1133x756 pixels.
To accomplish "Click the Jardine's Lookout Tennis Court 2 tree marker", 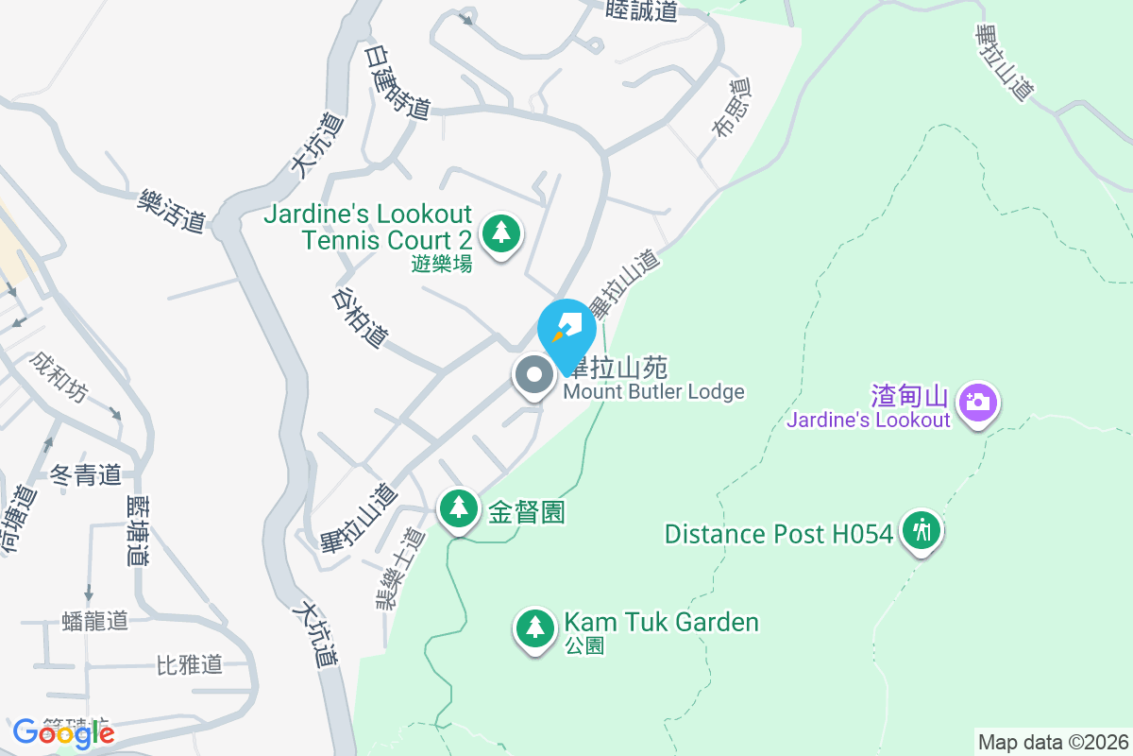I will tap(501, 232).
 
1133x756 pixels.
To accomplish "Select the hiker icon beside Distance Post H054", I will tap(921, 531).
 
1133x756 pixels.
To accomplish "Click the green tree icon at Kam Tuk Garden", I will tap(535, 627).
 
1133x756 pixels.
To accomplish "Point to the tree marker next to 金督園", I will tap(459, 508).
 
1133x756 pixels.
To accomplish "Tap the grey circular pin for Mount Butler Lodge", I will tap(533, 375).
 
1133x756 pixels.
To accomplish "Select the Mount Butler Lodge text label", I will tap(653, 391).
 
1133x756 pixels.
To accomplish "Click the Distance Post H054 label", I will tap(779, 534).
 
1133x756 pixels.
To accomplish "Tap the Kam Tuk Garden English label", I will tap(661, 622).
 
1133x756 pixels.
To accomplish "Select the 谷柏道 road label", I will tap(360, 317).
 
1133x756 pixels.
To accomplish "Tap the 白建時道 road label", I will tap(397, 82).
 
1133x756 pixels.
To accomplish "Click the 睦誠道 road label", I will tap(643, 10).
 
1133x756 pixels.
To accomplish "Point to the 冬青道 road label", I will tap(86, 474).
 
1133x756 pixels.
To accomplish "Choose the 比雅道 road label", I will tap(189, 664).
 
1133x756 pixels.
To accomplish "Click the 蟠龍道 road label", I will tap(94, 621).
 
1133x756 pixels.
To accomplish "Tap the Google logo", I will tap(63, 732).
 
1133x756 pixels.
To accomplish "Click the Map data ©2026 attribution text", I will tap(1053, 742).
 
